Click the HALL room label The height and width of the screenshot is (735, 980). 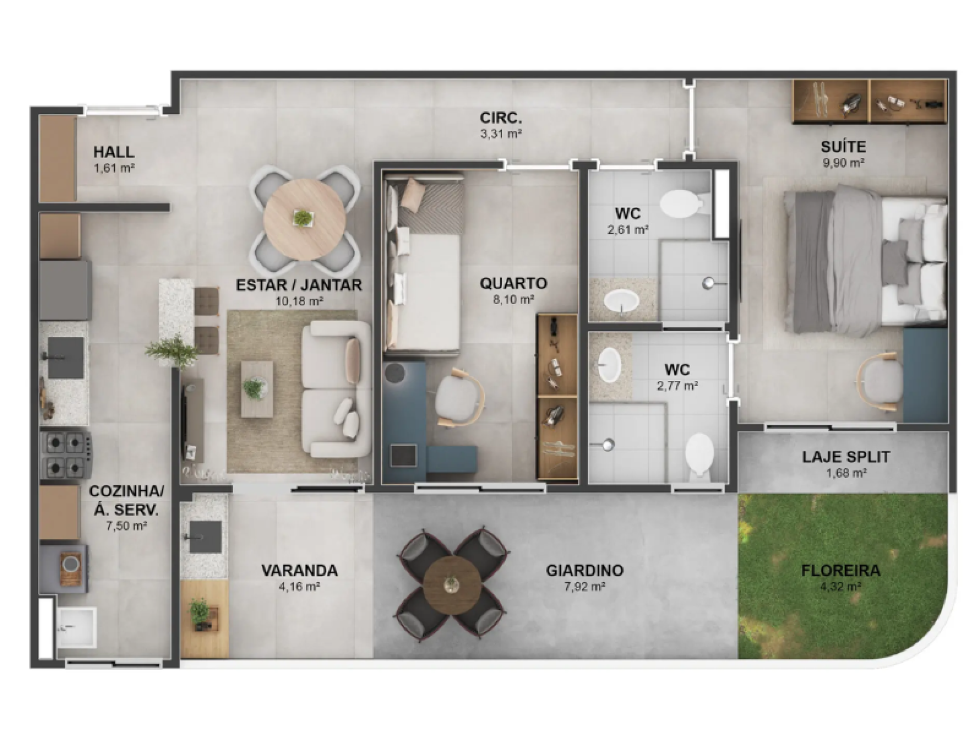pos(114,152)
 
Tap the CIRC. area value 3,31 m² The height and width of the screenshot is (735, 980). pos(501,134)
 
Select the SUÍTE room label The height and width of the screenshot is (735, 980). pos(843,147)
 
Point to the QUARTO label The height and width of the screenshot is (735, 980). pos(513,283)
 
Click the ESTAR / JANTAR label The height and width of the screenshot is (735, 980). pos(299,285)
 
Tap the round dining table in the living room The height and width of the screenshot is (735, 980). pos(304,218)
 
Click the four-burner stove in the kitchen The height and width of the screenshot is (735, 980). pos(66,455)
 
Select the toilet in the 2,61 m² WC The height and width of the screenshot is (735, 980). pos(682,205)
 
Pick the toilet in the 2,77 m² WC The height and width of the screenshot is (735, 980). pos(699,455)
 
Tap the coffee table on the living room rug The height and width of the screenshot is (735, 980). pos(257,389)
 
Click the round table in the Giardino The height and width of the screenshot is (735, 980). pos(452,584)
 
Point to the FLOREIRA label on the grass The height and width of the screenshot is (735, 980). pos(841,570)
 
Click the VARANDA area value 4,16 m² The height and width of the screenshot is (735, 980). pos(299,586)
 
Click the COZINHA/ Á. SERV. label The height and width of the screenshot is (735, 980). pos(127,500)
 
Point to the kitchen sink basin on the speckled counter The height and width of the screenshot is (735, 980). pos(66,357)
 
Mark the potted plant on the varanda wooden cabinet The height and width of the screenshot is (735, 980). pos(200,612)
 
